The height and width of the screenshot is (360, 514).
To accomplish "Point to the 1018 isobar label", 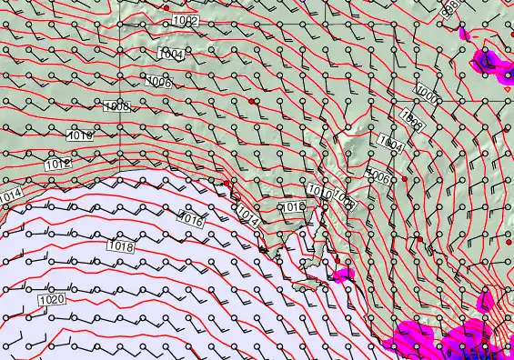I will pos(120,245).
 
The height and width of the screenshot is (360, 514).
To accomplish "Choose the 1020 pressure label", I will pos(52,298).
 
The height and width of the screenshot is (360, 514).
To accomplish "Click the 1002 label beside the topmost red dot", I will pos(185,19).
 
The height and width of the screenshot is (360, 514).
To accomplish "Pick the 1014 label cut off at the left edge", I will pos(10,195).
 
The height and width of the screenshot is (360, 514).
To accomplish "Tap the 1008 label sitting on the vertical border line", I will pos(116,107).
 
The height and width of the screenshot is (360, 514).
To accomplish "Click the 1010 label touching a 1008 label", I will pos(319,190).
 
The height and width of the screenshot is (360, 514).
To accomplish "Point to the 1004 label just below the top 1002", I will pos(171,55).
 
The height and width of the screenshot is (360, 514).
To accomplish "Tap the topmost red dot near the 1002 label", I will pos(166,7).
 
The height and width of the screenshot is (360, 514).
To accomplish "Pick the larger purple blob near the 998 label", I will pos(489,61).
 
